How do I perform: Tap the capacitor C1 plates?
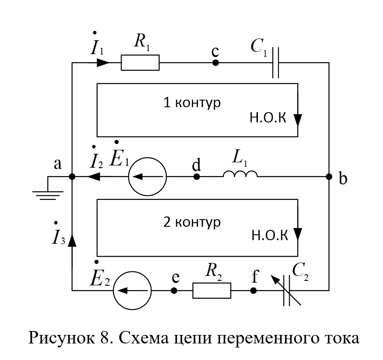276,63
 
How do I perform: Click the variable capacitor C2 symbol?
286,291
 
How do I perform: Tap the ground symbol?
48,192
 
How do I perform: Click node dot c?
215,63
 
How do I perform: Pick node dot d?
197,177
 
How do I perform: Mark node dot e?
174,291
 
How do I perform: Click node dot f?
253,291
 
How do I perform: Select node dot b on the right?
329,177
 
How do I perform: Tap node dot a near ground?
72,177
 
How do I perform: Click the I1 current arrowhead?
103,63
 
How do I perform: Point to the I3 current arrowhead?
72,240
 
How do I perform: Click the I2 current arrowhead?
93,177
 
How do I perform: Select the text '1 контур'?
192,103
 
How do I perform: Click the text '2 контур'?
192,222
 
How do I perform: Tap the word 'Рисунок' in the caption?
62,339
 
